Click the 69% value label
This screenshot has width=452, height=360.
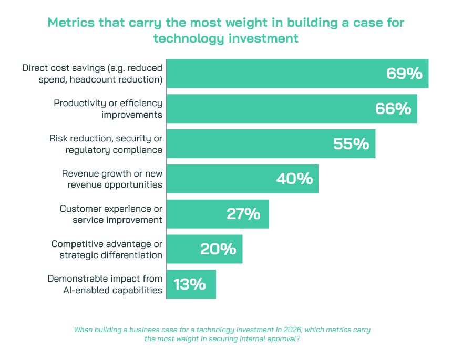click(x=404, y=74)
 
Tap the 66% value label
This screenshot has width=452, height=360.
click(x=393, y=109)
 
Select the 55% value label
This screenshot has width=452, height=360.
click(x=351, y=144)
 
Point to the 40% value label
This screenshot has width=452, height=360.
click(x=294, y=179)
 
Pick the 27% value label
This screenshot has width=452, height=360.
click(x=243, y=214)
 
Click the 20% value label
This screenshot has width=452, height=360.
click(x=218, y=249)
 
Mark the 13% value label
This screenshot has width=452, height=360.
click(x=189, y=284)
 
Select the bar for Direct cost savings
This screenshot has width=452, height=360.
click(x=273, y=74)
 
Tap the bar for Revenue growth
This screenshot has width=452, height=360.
click(x=221, y=179)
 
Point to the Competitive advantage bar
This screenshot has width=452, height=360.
click(x=184, y=249)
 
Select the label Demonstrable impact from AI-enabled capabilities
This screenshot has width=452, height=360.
click(x=105, y=284)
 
